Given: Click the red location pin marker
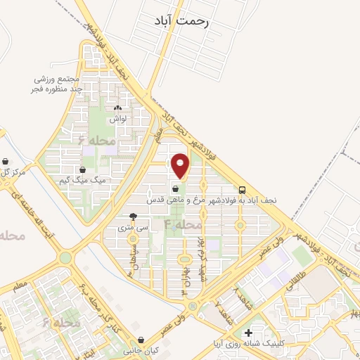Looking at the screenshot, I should (181, 166).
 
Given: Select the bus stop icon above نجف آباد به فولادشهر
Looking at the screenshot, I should (242, 189).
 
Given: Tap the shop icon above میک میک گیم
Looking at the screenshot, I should (83, 169).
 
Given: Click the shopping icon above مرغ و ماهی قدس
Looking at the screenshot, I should (175, 188).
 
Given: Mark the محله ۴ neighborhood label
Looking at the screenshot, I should (183, 224).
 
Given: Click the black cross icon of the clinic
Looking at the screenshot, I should (247, 333).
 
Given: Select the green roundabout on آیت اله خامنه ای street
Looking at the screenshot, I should (65, 258).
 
